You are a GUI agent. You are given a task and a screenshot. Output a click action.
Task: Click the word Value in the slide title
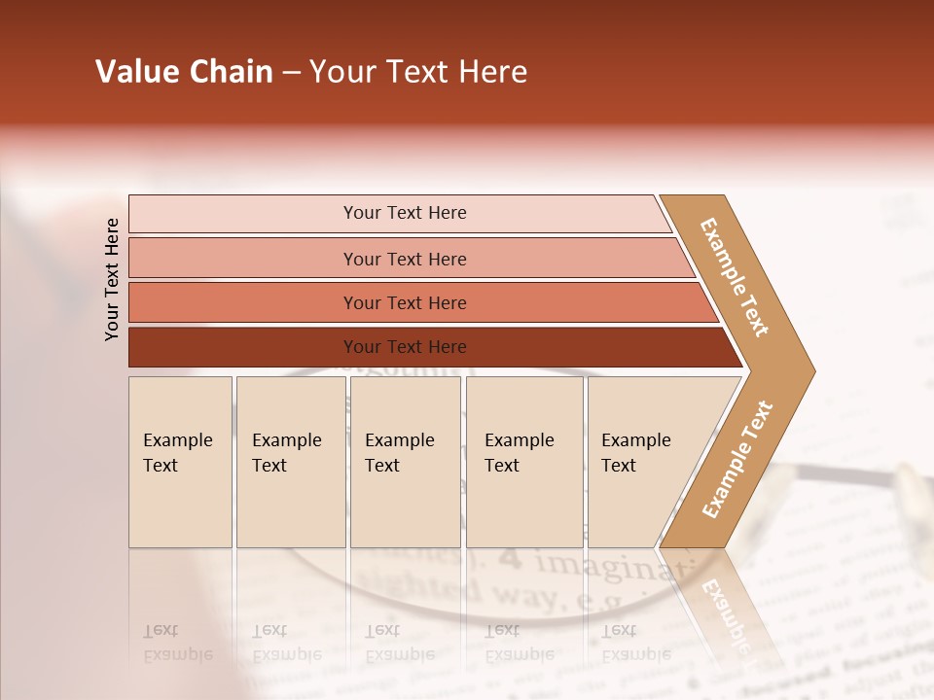tap(136, 72)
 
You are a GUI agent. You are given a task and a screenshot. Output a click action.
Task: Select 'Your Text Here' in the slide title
tap(418, 72)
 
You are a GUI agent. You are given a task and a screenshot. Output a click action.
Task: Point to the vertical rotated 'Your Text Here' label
tap(112, 279)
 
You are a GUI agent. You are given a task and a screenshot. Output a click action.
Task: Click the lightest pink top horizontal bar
tap(404, 213)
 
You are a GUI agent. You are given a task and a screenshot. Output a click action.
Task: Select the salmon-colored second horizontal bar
tap(404, 259)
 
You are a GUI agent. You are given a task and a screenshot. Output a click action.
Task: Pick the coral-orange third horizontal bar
tap(404, 302)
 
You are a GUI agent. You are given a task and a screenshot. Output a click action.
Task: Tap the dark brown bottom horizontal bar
tap(404, 347)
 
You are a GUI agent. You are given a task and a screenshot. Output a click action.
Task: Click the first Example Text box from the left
tap(180, 461)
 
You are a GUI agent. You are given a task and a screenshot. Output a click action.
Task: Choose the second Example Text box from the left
tap(290, 461)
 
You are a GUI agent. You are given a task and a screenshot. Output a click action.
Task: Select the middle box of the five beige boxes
tap(405, 461)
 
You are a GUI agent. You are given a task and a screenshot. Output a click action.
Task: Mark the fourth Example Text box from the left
tap(523, 461)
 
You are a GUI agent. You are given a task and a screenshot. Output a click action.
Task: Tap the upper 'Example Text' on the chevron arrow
tap(735, 277)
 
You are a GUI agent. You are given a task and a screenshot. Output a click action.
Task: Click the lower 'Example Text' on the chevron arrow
tap(736, 459)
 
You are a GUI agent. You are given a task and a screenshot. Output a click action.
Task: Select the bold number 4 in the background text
tap(513, 559)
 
